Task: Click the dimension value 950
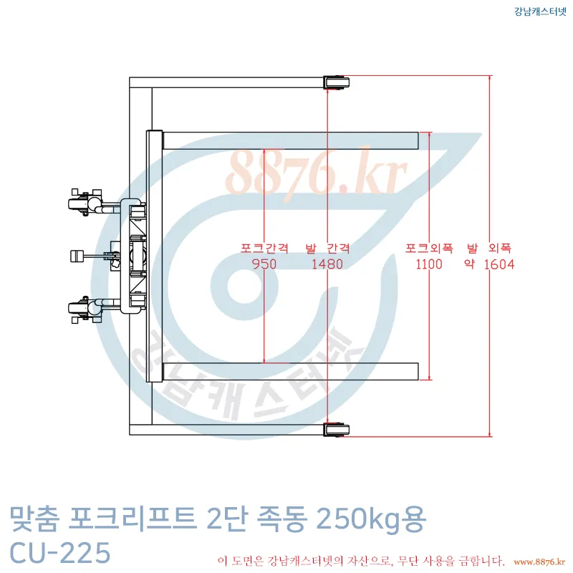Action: click(265, 264)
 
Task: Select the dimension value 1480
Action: click(327, 264)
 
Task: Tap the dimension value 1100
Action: click(429, 264)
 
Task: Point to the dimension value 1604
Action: click(499, 264)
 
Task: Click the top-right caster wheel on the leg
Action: click(333, 82)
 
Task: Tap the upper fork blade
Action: click(290, 140)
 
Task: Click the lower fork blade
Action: click(290, 371)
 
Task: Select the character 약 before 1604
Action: click(470, 264)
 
